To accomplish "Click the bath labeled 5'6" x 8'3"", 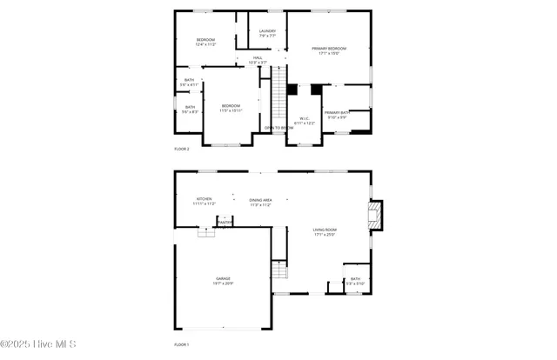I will click(190, 109).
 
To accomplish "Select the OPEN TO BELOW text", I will click(278, 127).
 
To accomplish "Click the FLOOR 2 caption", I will click(182, 149).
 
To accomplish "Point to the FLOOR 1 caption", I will click(181, 345).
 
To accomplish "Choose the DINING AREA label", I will click(260, 202).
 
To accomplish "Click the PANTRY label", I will click(225, 222).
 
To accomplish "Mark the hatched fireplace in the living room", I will click(374, 216).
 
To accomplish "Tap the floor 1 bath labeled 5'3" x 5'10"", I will click(355, 282).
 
